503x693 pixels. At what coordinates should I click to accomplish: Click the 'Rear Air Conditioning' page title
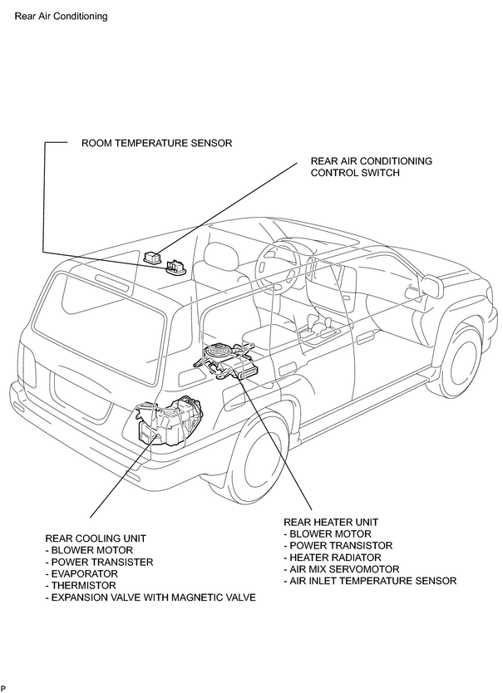pyautogui.click(x=61, y=17)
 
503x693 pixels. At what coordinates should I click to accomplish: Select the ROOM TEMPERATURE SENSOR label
pyautogui.click(x=156, y=143)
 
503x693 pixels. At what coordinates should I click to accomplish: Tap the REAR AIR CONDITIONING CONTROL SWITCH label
pyautogui.click(x=371, y=167)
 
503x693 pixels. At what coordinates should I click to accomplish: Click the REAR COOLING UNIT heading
pyautogui.click(x=96, y=538)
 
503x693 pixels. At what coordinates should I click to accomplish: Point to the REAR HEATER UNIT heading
pyautogui.click(x=331, y=522)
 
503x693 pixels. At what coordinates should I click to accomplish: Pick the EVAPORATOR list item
pyautogui.click(x=81, y=573)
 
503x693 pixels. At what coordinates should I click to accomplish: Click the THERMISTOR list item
pyautogui.click(x=81, y=586)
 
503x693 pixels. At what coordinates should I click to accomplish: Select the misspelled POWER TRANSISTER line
pyautogui.click(x=99, y=563)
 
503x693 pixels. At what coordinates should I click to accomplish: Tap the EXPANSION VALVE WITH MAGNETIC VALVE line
pyautogui.click(x=150, y=597)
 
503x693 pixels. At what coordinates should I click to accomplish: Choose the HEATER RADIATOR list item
pyautogui.click(x=333, y=558)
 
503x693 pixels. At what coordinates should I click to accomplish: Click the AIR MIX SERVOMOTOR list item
pyautogui.click(x=342, y=569)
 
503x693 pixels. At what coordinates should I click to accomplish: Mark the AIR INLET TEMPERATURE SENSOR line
pyautogui.click(x=370, y=581)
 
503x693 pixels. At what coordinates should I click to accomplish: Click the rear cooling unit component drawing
pyautogui.click(x=169, y=419)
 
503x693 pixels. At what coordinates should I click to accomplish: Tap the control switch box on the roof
pyautogui.click(x=153, y=257)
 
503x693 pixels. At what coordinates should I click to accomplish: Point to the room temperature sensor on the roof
pyautogui.click(x=175, y=268)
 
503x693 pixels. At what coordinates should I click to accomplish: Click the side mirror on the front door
pyautogui.click(x=432, y=287)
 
